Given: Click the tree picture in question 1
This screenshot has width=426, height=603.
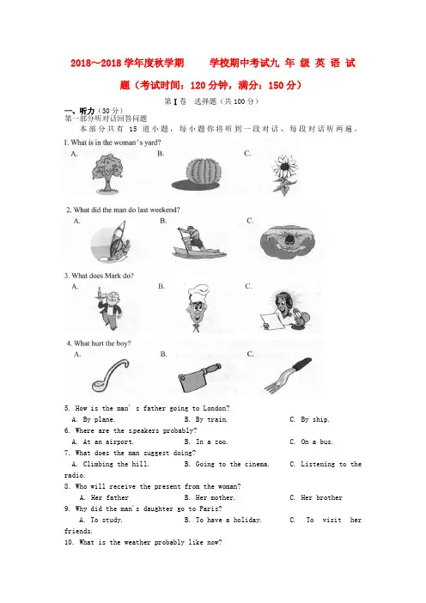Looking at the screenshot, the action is click(107, 174).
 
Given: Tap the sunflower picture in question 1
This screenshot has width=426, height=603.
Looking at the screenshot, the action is click(285, 174).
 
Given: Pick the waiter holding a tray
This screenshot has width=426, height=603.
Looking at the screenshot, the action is click(108, 308).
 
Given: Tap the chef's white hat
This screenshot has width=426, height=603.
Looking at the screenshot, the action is click(198, 292).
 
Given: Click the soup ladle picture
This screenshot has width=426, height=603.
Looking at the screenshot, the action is click(110, 375).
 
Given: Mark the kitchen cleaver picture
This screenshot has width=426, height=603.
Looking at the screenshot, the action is click(199, 377).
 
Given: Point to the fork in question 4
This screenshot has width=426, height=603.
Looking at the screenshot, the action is click(288, 375).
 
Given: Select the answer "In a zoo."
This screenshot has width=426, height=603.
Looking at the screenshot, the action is click(205, 442).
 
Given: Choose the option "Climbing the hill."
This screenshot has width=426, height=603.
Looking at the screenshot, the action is click(110, 464).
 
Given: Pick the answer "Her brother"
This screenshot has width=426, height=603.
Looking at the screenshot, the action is click(316, 497).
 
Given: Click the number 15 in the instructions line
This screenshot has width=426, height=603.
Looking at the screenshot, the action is click(132, 129).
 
